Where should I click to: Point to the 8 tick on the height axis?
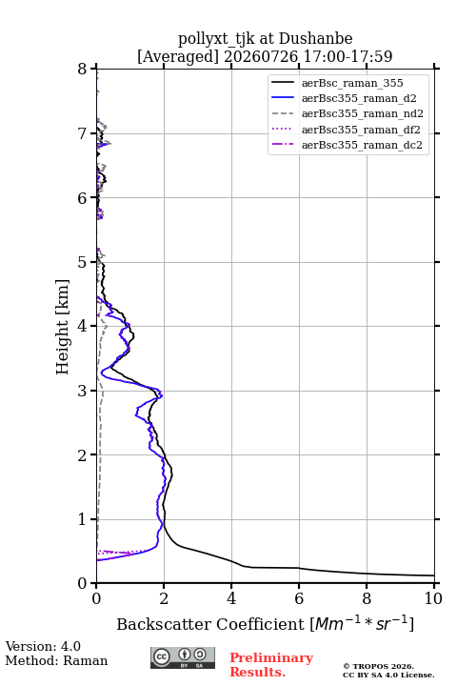[83, 70]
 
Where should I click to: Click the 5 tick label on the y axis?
[83, 262]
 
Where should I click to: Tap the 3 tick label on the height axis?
[83, 391]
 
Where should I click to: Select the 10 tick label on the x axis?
[433, 598]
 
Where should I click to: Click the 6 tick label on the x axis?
[299, 598]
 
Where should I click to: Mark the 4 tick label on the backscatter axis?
[231, 598]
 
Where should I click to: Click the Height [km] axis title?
[63, 327]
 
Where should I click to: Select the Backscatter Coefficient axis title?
[265, 624]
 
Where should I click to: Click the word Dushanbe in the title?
[316, 39]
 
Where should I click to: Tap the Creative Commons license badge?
[183, 657]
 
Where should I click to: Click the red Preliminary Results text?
[271, 665]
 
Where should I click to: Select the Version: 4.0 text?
[43, 647]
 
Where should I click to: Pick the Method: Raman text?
[56, 660]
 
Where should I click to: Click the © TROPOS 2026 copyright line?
[379, 667]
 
